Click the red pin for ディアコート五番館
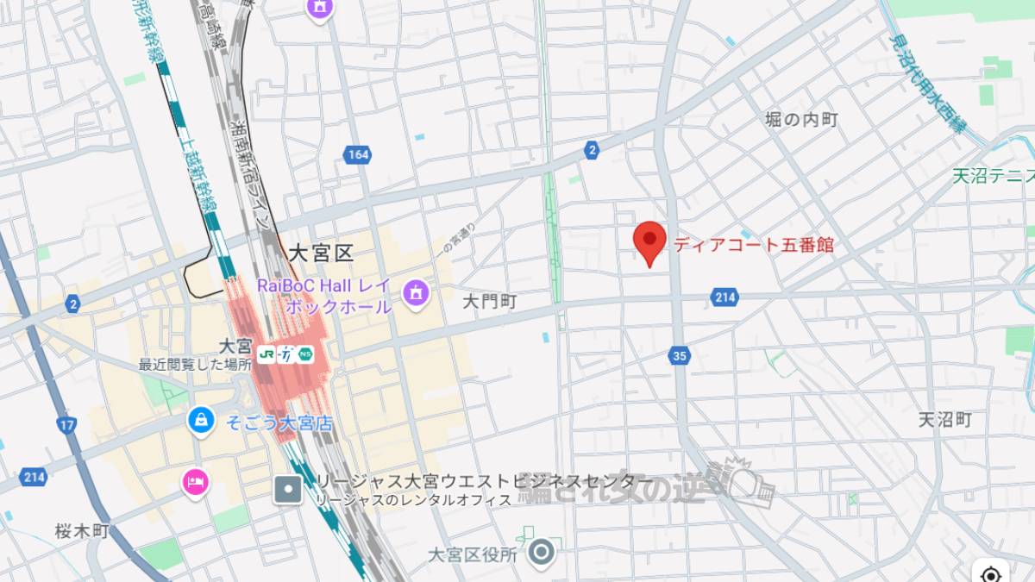click(649, 241)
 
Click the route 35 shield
click(681, 355)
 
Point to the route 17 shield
click(67, 424)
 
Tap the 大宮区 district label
click(321, 253)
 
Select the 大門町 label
click(489, 301)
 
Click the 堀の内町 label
click(801, 120)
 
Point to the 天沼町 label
click(944, 420)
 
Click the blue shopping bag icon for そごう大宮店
click(201, 420)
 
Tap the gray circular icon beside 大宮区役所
click(542, 553)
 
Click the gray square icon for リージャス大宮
click(288, 490)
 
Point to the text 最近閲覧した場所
click(195, 365)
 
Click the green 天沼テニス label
click(993, 177)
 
